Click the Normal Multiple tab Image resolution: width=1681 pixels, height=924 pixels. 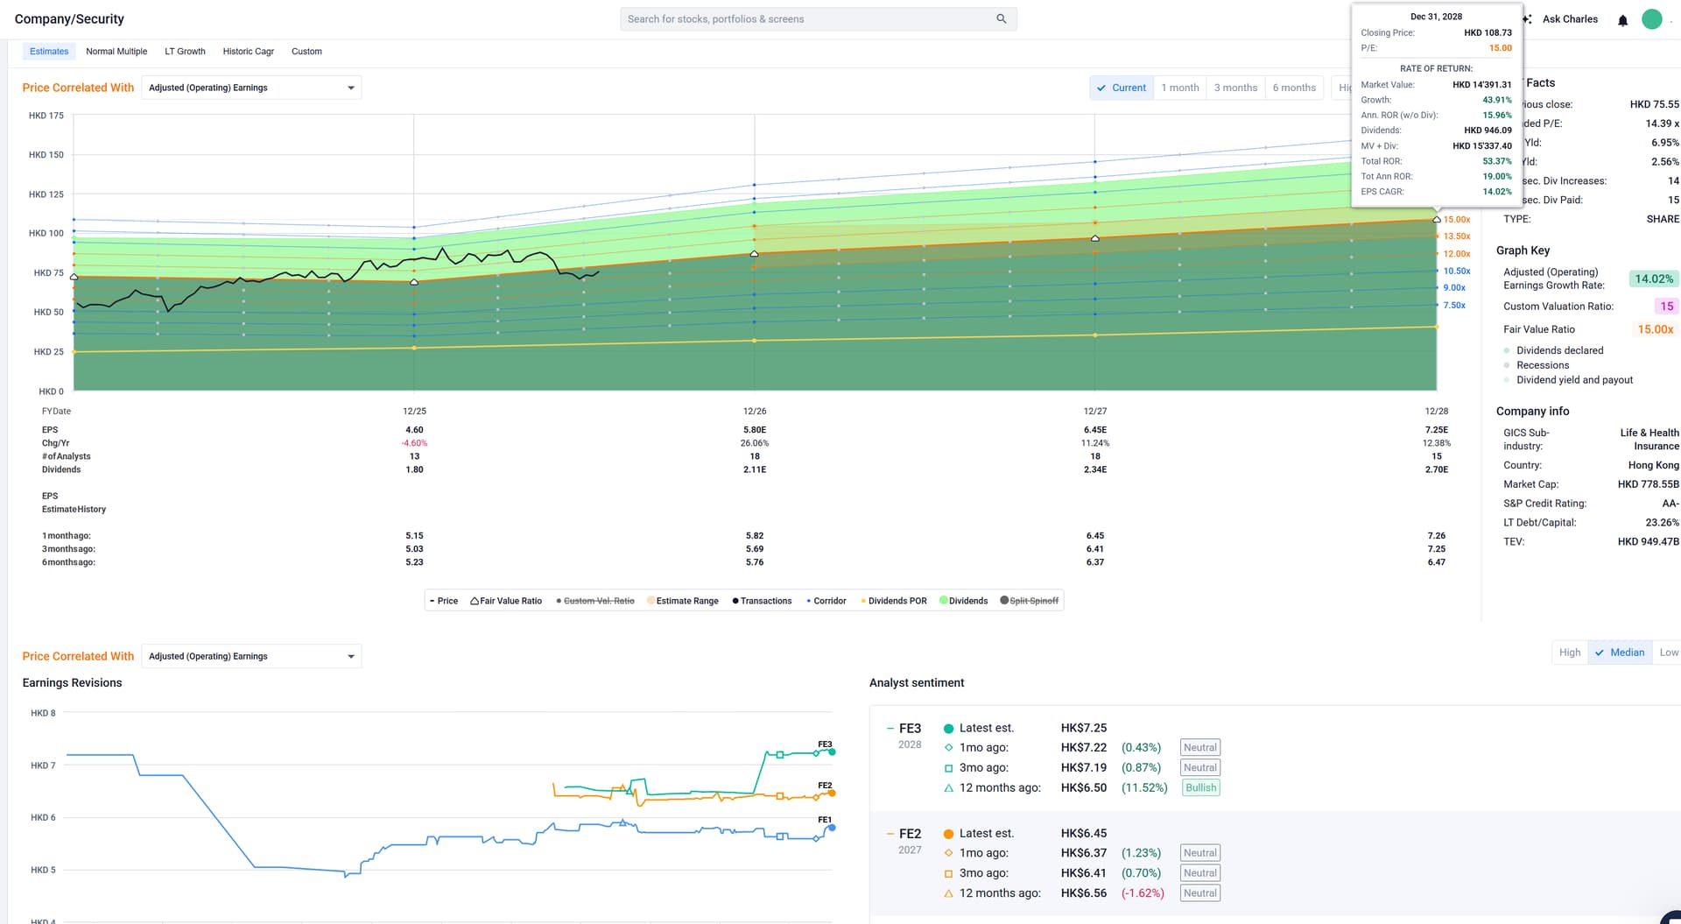tap(116, 52)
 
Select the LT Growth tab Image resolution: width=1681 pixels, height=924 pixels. tap(185, 52)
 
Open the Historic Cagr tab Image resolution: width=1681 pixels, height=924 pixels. tap(248, 52)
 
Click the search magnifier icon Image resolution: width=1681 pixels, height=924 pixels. tap(1001, 18)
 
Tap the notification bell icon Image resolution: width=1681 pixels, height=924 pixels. tap(1622, 20)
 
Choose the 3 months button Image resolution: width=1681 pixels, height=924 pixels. tap(1235, 88)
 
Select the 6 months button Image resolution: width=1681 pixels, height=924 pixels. tap(1294, 88)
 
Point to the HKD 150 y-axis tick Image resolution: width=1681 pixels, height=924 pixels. tap(46, 155)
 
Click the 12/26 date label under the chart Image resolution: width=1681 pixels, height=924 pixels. tap(755, 411)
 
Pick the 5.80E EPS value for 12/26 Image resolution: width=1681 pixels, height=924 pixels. tap(755, 430)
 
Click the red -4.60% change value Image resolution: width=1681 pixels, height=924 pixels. tap(414, 443)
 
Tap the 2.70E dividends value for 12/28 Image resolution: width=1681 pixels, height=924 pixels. tap(1436, 469)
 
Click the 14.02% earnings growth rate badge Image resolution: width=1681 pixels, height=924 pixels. tap(1653, 279)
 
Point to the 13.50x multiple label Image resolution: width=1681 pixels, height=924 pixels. tap(1457, 236)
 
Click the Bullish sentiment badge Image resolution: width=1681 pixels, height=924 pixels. tap(1200, 787)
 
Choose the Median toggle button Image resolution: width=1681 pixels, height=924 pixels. tap(1620, 652)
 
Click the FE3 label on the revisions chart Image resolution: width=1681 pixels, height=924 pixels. tap(825, 744)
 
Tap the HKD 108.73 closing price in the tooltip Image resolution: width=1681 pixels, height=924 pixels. tap(1488, 32)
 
